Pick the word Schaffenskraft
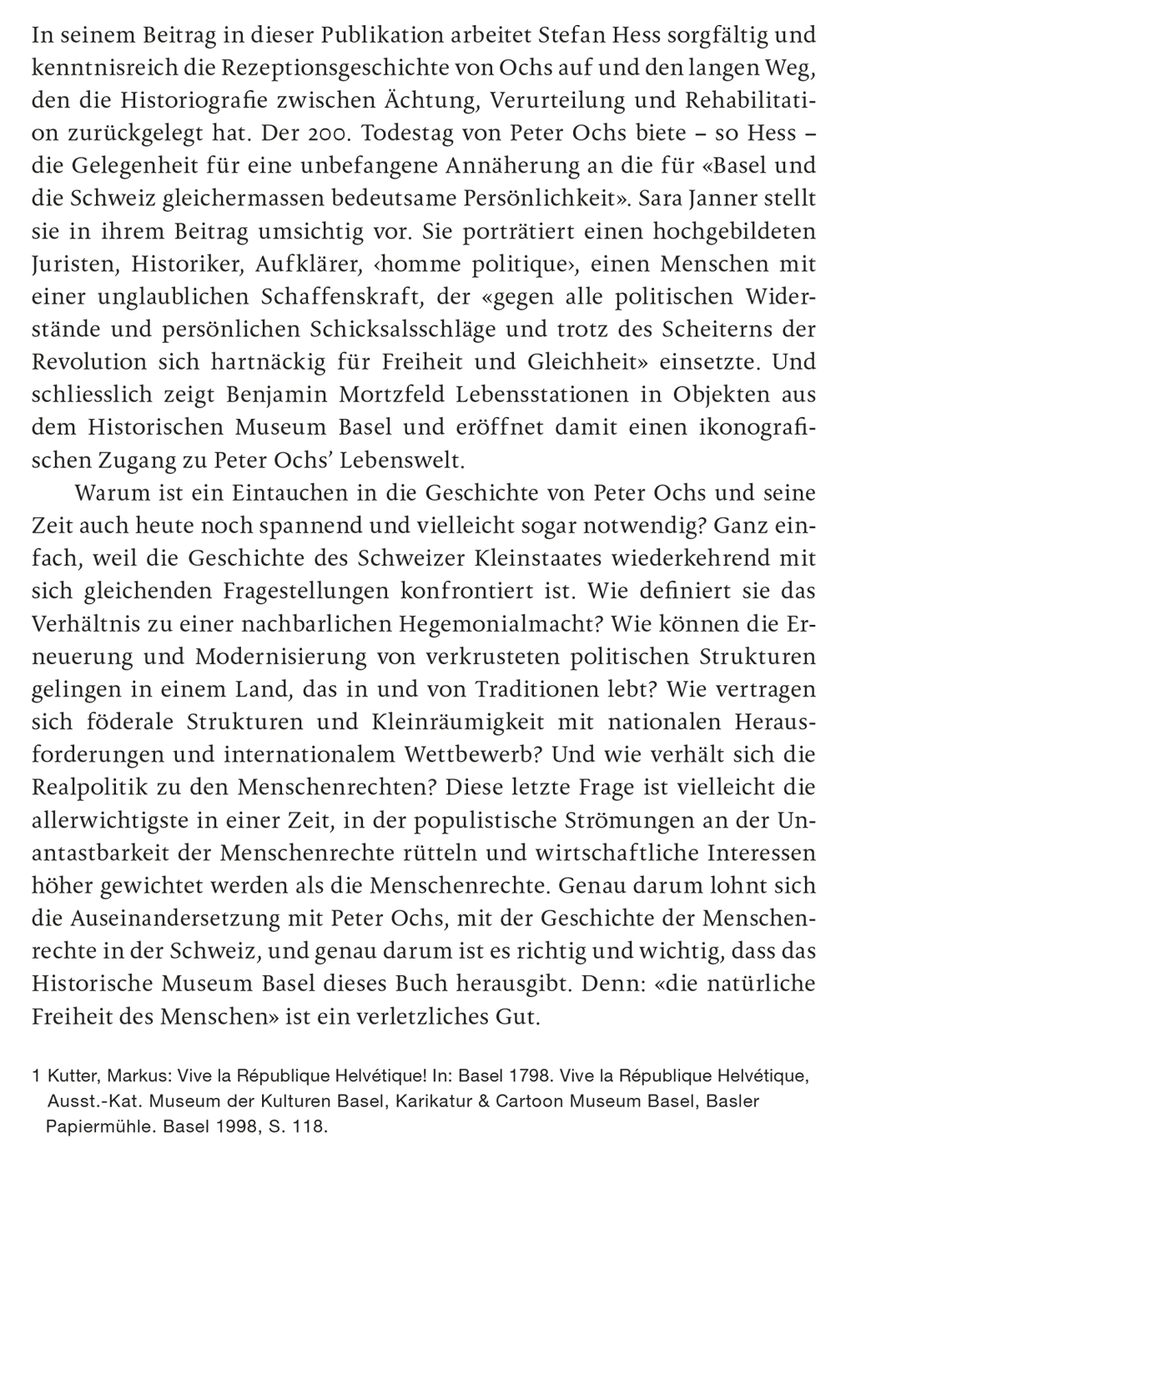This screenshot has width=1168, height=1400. coord(341,297)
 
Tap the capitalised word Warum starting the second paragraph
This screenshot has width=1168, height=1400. coord(111,493)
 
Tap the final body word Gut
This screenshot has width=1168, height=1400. coord(521,1018)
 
